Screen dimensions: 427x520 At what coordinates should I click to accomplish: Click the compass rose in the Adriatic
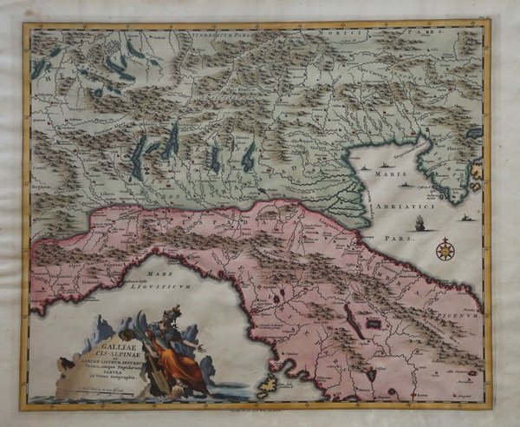pos(445,250)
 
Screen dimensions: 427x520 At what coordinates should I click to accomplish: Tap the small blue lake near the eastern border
pos(474,134)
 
